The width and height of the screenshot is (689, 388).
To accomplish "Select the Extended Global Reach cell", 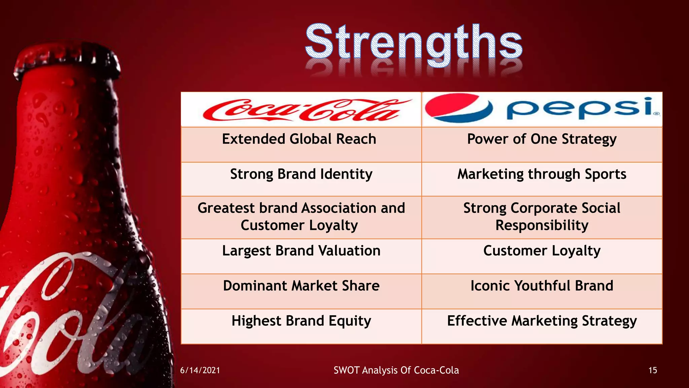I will [x=299, y=139].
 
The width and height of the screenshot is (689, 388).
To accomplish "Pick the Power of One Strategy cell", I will [x=542, y=139].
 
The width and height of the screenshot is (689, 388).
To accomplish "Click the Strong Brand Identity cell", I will [x=301, y=174].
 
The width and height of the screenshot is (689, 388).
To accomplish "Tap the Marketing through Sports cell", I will [x=542, y=174].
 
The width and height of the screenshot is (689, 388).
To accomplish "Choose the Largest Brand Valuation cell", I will [x=301, y=251].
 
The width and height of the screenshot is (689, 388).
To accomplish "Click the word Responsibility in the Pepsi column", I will [x=542, y=225].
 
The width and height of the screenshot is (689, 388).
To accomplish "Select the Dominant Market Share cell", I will [x=301, y=286].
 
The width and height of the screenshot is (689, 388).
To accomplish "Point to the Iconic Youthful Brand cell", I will [x=542, y=286].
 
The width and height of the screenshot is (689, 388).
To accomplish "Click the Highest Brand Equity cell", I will [x=301, y=321].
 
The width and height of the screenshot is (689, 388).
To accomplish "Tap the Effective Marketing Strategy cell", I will [x=542, y=321].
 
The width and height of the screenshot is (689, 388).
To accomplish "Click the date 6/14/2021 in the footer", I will [x=200, y=370].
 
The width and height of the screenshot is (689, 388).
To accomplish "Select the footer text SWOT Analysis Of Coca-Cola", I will [x=396, y=370].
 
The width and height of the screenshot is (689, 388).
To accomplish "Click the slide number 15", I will [x=652, y=370].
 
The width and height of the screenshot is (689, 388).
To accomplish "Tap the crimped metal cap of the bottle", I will [x=67, y=61].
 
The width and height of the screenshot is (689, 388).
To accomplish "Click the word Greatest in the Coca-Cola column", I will [x=226, y=208].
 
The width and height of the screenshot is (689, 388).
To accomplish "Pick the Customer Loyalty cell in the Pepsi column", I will [x=542, y=251].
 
